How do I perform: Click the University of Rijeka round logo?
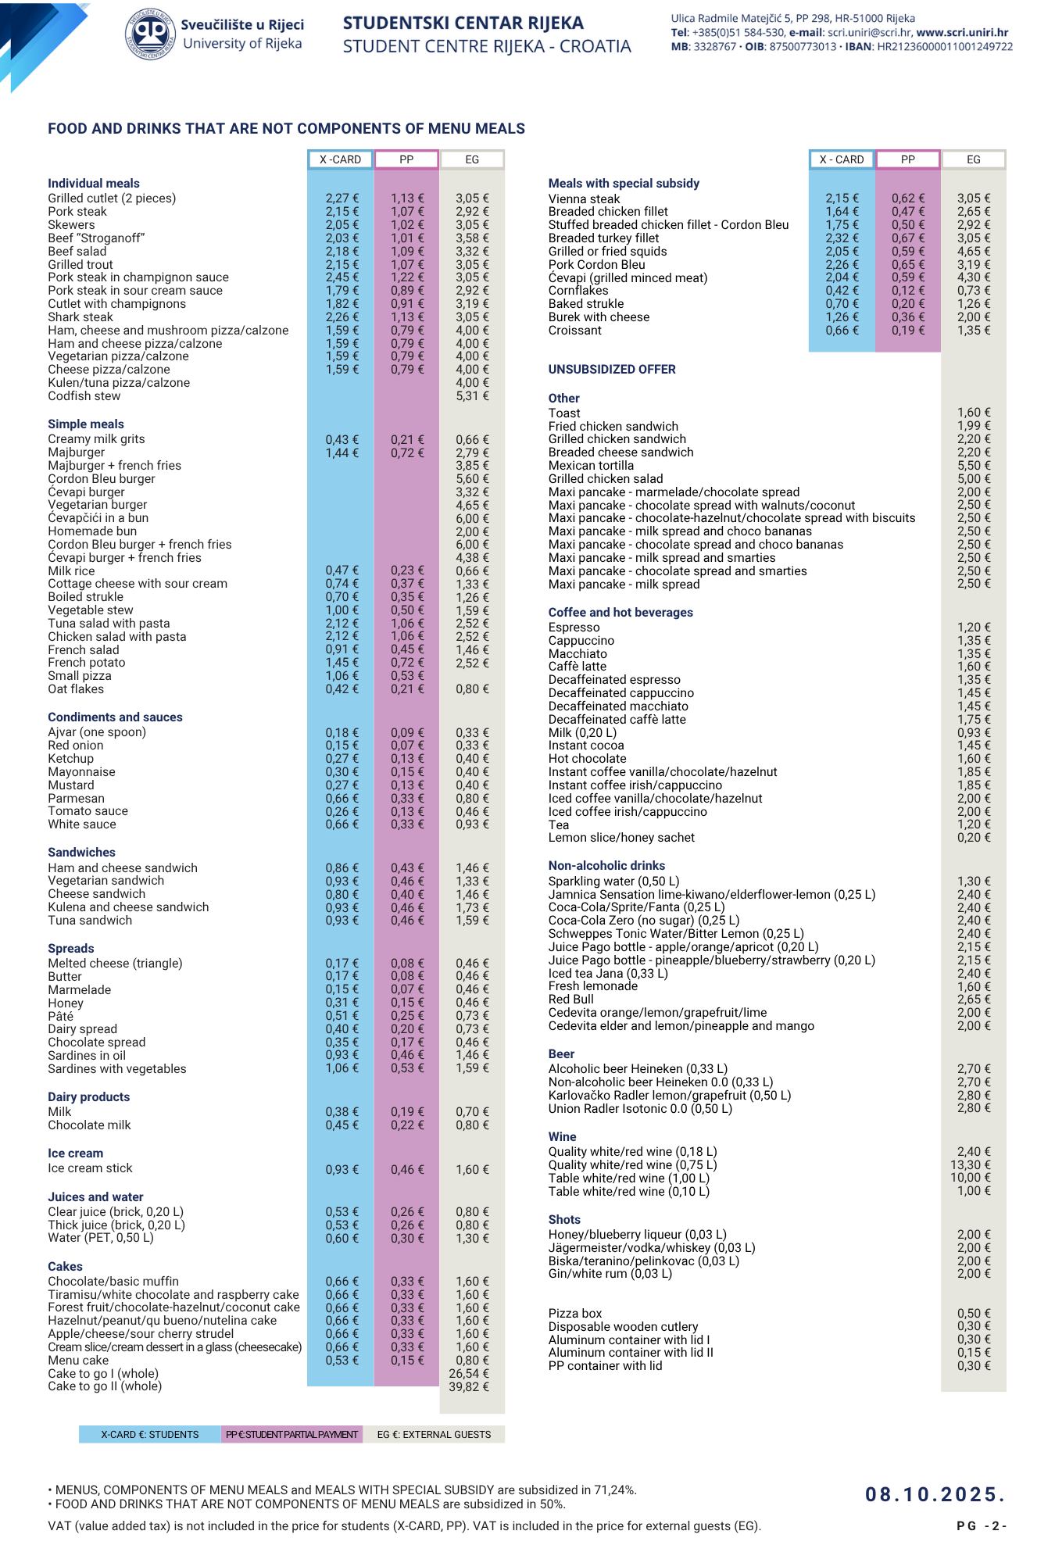tap(151, 34)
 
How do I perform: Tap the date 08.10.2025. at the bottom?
tap(934, 1494)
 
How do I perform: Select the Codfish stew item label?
tap(84, 396)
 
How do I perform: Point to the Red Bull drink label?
tap(570, 1000)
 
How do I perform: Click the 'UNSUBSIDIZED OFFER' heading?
tap(612, 370)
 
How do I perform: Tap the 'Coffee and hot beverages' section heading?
tap(620, 613)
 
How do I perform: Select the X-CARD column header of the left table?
tap(340, 159)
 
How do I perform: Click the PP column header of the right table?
tap(907, 159)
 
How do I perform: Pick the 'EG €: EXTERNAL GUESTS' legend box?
tap(434, 1434)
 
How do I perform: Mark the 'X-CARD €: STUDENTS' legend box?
tap(150, 1434)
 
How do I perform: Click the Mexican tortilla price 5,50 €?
tap(974, 466)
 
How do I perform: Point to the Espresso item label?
tap(574, 628)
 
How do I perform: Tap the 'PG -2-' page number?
tap(981, 1526)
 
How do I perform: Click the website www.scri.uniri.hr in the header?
tap(962, 33)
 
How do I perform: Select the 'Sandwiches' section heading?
tap(81, 853)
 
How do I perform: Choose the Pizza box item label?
tap(575, 1314)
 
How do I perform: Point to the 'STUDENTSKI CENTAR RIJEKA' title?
tap(463, 23)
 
